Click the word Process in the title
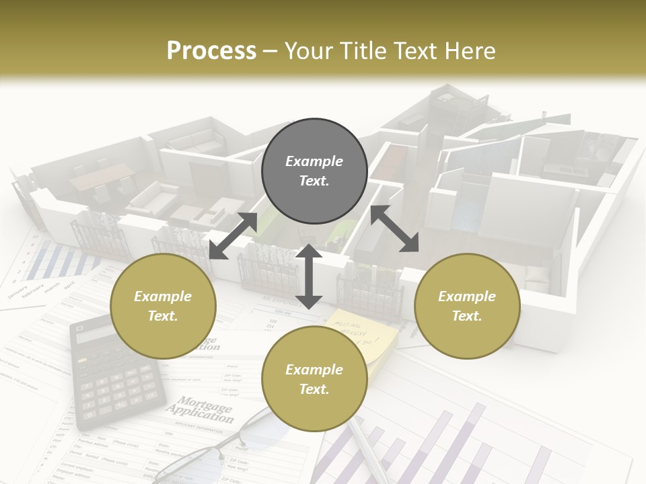click(x=211, y=51)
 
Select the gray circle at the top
click(x=314, y=171)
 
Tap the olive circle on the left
click(x=163, y=306)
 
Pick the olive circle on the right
click(x=467, y=306)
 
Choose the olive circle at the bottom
click(x=314, y=379)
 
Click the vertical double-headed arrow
click(x=309, y=276)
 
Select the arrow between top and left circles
click(x=233, y=235)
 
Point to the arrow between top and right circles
click(x=394, y=229)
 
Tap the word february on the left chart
click(x=35, y=290)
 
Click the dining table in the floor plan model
click(x=101, y=176)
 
